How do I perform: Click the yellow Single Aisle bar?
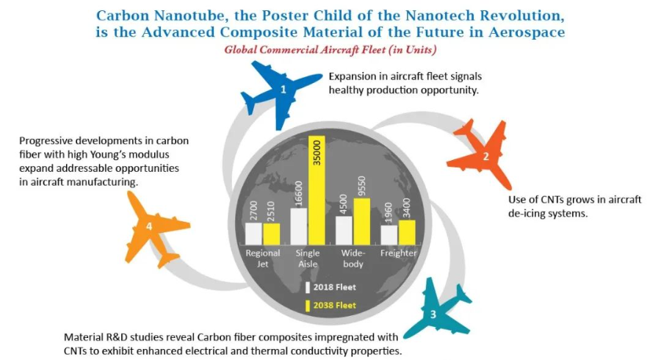point(317,190)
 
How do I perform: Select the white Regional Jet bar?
point(253,234)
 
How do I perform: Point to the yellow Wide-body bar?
point(361,222)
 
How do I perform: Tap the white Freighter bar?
point(389,235)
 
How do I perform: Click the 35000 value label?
point(317,153)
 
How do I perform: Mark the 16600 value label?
point(298,193)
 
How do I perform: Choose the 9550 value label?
point(361,187)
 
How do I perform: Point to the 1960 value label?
point(389,213)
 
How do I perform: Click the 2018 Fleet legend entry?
point(331,287)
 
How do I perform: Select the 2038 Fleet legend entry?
point(331,305)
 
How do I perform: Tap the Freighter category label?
point(398,253)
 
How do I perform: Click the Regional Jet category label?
point(263,259)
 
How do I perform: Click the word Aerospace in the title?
point(527,32)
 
